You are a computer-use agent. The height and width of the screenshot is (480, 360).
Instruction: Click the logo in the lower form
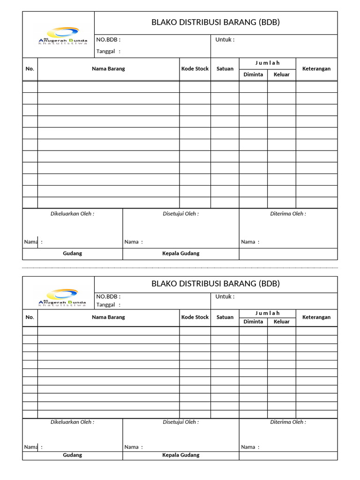[x=62, y=298]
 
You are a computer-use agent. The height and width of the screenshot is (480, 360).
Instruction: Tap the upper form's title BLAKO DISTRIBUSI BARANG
[x=216, y=22]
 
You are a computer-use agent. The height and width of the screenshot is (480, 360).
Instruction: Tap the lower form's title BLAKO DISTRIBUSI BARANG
[x=216, y=284]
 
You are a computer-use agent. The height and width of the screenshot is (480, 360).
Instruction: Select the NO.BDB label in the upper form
[x=108, y=40]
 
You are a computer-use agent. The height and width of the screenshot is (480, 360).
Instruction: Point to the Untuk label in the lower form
[x=225, y=296]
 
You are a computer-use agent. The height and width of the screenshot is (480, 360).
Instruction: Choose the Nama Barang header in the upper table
[x=108, y=68]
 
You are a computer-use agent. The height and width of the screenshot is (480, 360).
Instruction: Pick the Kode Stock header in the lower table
[x=195, y=317]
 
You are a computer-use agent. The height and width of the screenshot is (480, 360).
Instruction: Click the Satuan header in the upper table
[x=225, y=68]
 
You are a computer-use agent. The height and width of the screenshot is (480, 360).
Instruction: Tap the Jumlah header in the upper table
[x=267, y=63]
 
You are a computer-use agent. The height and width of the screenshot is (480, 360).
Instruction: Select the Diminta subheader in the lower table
[x=253, y=322]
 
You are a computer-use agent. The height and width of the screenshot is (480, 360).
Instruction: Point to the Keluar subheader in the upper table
[x=282, y=74]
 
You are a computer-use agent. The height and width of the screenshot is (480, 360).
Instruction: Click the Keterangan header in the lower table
[x=316, y=317]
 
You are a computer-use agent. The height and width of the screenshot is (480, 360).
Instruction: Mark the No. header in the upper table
[x=30, y=68]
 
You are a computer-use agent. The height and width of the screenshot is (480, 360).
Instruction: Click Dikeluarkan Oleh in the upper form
[x=73, y=214]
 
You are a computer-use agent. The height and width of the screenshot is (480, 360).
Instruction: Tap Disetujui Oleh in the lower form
[x=181, y=422]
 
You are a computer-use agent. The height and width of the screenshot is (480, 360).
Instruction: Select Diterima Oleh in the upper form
[x=288, y=214]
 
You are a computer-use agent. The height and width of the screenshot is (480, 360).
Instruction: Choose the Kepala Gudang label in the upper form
[x=181, y=253]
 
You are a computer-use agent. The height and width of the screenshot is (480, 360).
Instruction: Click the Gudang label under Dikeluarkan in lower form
[x=73, y=455]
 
